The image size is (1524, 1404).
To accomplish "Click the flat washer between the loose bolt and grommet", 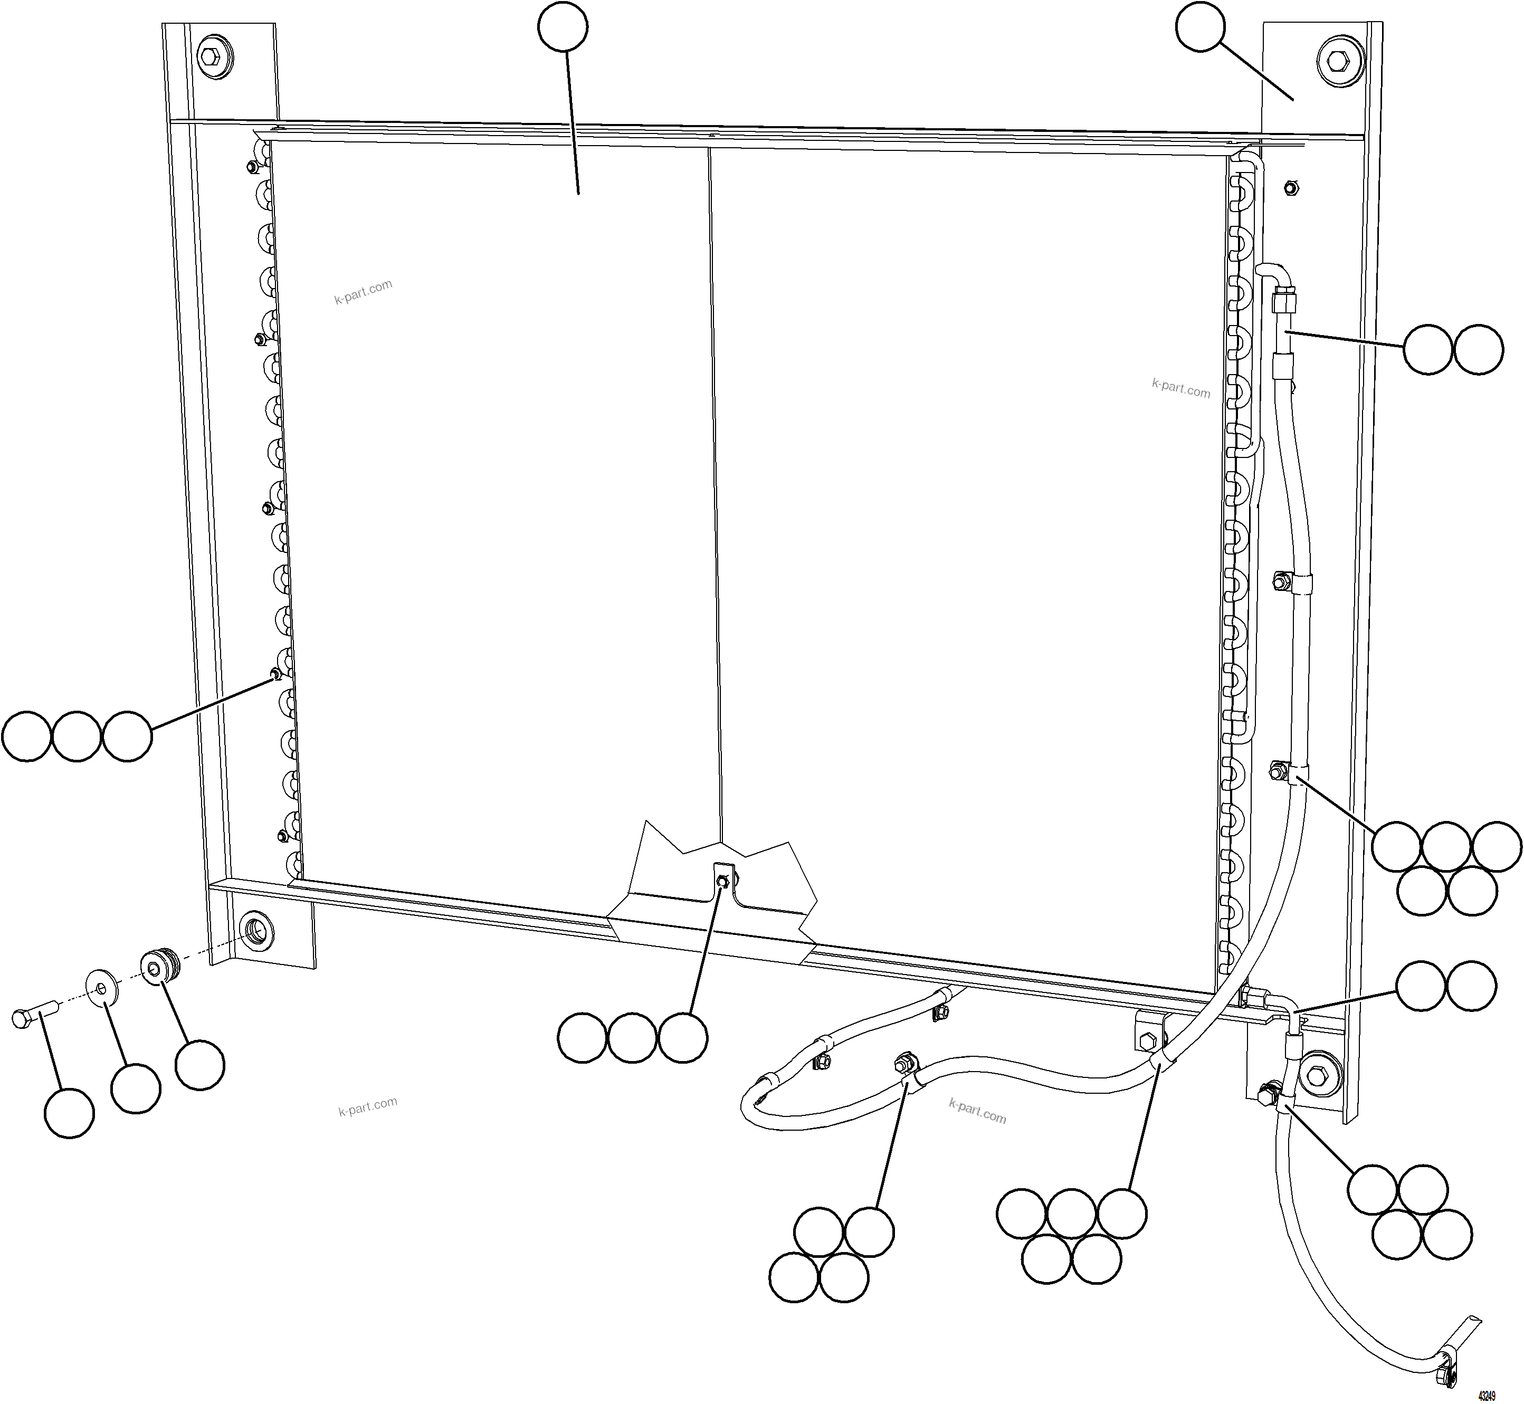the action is coord(100,986).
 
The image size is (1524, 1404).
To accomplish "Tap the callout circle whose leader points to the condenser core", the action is coord(562,28).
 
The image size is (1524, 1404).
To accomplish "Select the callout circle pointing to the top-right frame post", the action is coord(1199,28).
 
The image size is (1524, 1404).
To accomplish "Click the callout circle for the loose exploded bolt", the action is coord(69,1113).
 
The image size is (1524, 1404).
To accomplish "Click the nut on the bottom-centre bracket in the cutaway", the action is coord(722,881).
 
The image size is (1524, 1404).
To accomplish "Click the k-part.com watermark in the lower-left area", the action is coord(368,1106).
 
